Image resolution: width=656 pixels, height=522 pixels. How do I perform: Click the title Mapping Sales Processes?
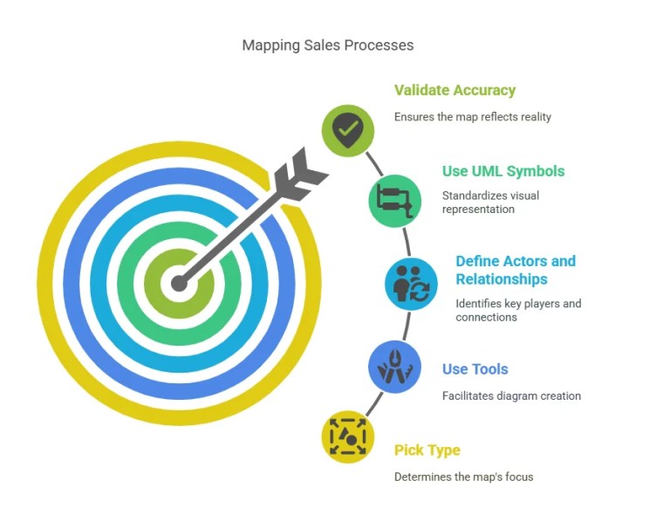pos(327,45)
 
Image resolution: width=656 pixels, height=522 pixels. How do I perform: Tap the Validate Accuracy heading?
pos(454,90)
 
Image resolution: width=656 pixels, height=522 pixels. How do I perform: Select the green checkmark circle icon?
pos(348,131)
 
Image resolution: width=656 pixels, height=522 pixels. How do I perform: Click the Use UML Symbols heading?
pos(503,171)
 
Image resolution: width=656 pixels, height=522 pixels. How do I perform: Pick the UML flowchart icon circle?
pos(394,201)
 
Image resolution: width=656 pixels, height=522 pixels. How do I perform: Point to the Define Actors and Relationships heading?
pos(515,270)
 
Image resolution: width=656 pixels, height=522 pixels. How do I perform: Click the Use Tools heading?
pos(475,369)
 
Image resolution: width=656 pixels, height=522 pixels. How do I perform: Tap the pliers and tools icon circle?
pos(394,366)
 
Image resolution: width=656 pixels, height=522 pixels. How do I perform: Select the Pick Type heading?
pos(427,450)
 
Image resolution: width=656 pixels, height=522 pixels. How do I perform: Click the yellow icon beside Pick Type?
pos(348,436)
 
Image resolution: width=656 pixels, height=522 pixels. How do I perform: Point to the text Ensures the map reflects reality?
pos(472,117)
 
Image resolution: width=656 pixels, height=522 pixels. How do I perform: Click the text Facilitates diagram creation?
pos(511,396)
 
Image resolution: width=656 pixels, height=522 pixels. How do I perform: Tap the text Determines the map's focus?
pos(463,477)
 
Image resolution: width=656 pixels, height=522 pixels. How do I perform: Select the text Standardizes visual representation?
pos(490,203)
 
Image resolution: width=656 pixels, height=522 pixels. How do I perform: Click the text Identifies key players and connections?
pos(518,310)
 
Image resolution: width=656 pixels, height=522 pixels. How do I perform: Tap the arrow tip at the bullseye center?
pos(180,283)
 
